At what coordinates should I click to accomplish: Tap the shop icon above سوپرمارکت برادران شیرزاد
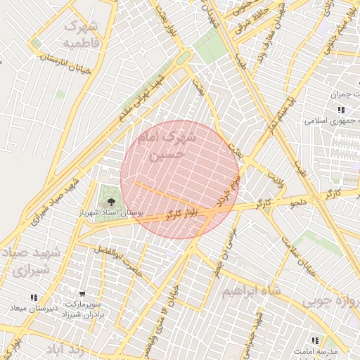tap(83, 294)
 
